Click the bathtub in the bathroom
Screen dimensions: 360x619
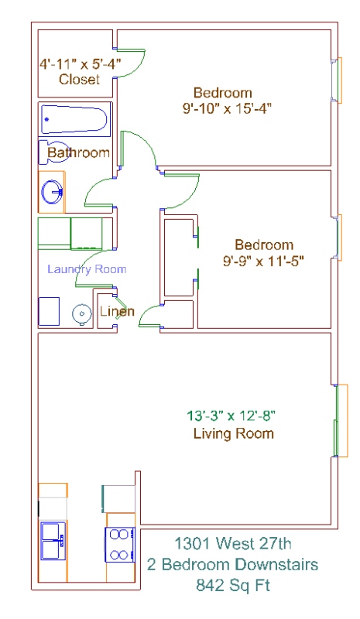(74, 119)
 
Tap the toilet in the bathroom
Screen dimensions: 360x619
(52, 152)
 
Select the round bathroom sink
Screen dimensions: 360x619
(52, 192)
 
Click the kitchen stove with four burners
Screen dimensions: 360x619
(120, 545)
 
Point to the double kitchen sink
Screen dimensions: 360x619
(53, 540)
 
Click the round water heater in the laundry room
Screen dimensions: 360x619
(82, 314)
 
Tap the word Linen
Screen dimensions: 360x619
(117, 311)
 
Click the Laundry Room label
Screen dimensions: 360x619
(87, 269)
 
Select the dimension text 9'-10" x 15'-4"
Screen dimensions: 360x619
(227, 108)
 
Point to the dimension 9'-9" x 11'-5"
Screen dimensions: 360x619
(263, 261)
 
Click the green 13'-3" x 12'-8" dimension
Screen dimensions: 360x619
(231, 416)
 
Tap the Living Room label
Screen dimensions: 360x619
(234, 433)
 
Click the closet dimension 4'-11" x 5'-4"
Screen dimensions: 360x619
(80, 63)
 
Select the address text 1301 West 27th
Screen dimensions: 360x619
(233, 544)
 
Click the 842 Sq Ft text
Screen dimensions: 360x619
(233, 585)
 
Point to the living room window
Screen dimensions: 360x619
(340, 420)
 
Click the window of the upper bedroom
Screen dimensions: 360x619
(336, 80)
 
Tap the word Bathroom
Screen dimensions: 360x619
(79, 152)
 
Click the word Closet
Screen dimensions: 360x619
(79, 79)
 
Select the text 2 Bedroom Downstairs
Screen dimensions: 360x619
(233, 565)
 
